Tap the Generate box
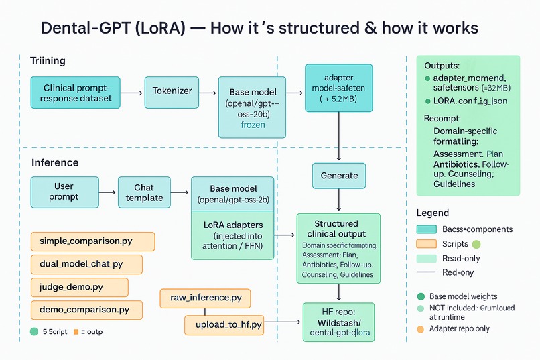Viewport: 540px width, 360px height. click(339, 176)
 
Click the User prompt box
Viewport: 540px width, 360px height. click(64, 192)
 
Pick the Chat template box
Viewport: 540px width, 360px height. click(144, 192)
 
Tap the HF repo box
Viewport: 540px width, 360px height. click(339, 322)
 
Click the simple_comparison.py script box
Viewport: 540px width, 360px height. click(93, 241)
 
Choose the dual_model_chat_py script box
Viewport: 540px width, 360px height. click(86, 264)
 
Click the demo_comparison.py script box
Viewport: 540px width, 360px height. click(86, 310)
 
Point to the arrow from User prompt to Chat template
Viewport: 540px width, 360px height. click(108, 192)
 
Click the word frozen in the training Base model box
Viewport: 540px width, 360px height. click(253, 125)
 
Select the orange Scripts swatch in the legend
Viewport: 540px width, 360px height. click(426, 244)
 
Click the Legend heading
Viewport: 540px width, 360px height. click(433, 213)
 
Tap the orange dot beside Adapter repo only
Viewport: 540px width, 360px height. click(420, 328)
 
